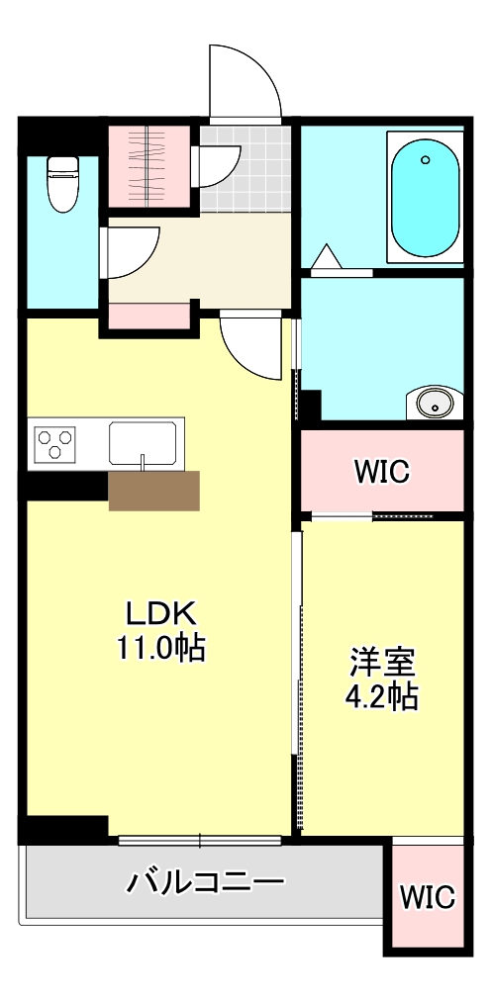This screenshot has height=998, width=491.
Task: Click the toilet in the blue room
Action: [x=62, y=183]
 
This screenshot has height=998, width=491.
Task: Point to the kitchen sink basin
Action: [x=144, y=441]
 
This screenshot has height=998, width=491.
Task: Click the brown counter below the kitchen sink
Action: [x=153, y=491]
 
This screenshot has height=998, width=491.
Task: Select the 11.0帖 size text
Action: [x=162, y=648]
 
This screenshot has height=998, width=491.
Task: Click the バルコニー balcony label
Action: [x=206, y=880]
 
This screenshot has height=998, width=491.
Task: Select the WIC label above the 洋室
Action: [x=382, y=472]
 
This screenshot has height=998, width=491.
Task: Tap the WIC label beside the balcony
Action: [x=428, y=897]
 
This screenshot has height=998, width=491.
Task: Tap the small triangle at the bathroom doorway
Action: [x=326, y=260]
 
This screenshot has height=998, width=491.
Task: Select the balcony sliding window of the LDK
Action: [x=200, y=842]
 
